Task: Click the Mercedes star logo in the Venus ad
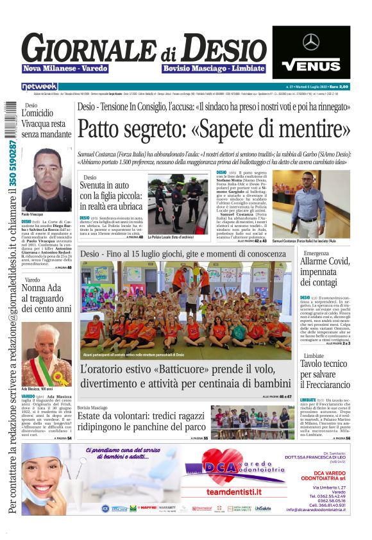pos(311,42)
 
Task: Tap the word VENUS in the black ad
pos(311,65)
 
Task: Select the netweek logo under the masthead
pos(40,87)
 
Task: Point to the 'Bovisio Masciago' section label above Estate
pos(92,407)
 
